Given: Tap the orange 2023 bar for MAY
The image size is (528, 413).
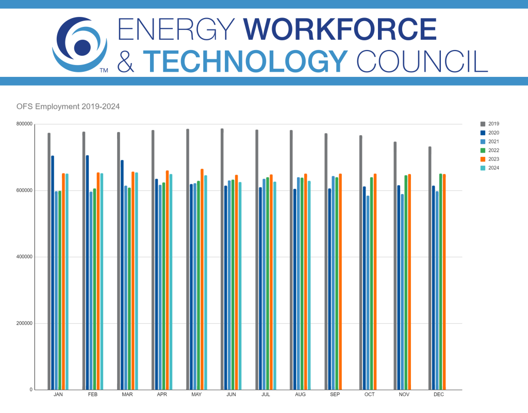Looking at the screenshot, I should (x=202, y=279).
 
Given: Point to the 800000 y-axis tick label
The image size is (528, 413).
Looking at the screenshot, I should (x=24, y=124).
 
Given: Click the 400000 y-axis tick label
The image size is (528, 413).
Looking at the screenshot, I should (x=24, y=257).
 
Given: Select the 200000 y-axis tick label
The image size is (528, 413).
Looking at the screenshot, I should (x=24, y=324).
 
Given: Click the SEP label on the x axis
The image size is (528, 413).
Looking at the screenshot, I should (x=335, y=394).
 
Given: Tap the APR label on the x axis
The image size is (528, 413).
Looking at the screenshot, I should (x=161, y=394).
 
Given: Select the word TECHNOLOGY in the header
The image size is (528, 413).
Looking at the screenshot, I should (x=245, y=61).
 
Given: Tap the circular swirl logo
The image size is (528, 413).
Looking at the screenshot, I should (x=80, y=45).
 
